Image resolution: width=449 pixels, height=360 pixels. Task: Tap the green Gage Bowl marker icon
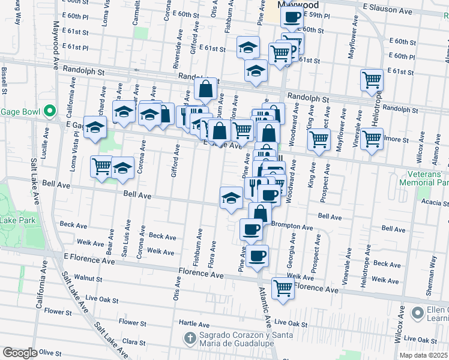pos(50,111)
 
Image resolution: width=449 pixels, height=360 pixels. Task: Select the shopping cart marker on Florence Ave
pos(283,287)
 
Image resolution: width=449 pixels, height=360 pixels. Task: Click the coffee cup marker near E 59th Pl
pos(292,19)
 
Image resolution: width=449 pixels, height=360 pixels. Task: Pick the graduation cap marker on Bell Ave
pos(231,198)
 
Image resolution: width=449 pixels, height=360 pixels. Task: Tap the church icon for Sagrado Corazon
pos(190,338)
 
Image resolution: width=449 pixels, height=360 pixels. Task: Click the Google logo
pos(20,353)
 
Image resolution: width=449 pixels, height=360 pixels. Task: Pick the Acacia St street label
pos(435,203)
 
